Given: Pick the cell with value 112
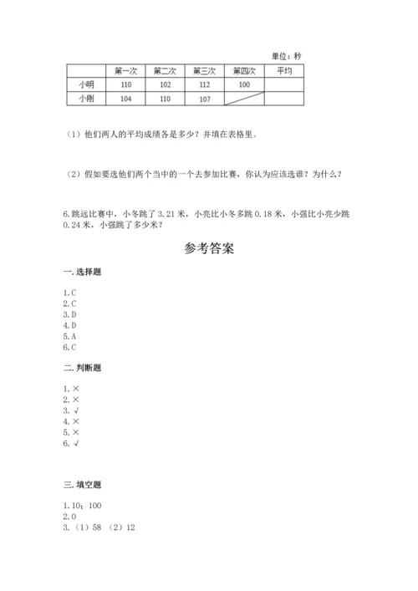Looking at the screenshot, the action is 204,85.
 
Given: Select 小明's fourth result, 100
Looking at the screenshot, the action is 244,85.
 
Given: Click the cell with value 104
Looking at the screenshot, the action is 125,99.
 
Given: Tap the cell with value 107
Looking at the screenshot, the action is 204,99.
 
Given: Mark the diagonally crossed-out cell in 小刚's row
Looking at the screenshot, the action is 244,99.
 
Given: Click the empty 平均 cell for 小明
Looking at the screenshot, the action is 284,85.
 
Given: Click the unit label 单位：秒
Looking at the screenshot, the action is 287,55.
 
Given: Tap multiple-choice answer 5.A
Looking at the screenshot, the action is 70,335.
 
